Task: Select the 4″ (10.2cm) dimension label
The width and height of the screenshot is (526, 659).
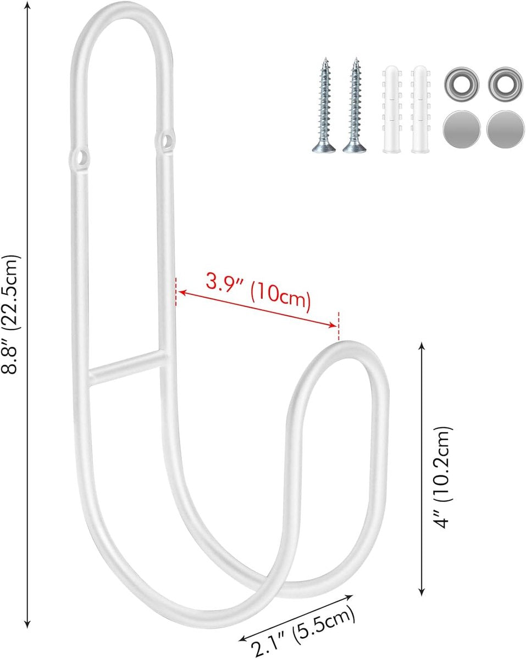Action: point(443,477)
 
